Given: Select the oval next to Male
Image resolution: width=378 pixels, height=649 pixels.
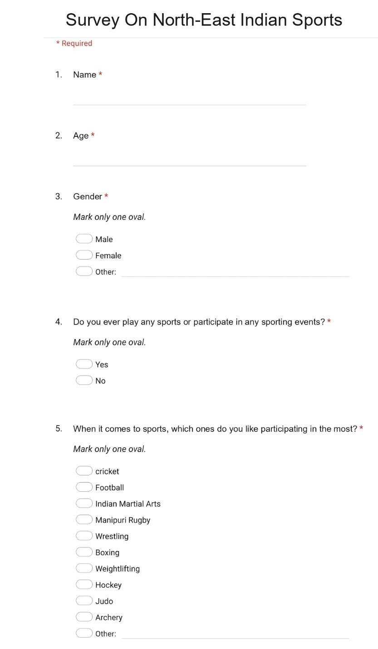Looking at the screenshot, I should tap(84, 239).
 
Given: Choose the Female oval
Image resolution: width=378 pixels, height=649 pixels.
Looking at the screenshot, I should tap(84, 255).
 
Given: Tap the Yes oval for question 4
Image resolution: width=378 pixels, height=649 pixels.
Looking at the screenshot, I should tap(84, 364).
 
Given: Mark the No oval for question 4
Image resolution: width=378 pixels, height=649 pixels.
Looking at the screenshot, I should tap(84, 380).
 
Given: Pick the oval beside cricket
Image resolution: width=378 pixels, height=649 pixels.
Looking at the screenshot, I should tap(84, 471).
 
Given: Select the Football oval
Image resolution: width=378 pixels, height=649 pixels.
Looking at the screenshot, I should tap(84, 487).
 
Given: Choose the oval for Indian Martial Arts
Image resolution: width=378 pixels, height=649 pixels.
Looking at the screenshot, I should tap(84, 504).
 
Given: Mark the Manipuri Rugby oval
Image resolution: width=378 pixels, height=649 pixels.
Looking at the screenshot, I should tap(84, 519).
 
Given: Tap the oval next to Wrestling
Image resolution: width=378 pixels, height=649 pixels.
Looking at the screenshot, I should tap(84, 536).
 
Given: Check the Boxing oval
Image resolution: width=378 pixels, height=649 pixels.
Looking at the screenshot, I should tap(84, 552).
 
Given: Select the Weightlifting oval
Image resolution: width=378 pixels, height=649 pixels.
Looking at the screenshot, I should tap(84, 568).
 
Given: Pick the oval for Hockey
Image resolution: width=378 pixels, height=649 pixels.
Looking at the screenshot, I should tap(84, 585).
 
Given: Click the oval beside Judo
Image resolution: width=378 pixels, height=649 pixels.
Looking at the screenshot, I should tap(84, 601).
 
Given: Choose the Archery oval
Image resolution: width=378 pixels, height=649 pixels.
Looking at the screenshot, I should tap(84, 617).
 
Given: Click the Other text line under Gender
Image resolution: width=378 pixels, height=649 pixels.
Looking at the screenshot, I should tap(235, 271).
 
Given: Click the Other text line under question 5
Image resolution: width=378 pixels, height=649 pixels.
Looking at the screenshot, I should tap(235, 634).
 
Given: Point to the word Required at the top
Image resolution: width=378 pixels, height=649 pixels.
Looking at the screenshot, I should tap(77, 44).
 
